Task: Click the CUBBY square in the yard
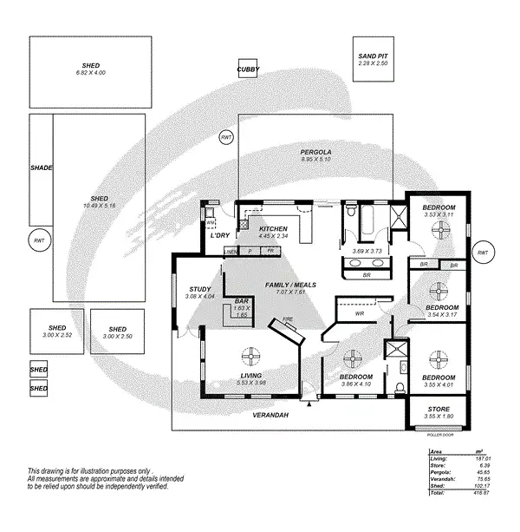pyautogui.click(x=249, y=69)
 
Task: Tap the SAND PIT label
pyautogui.click(x=373, y=56)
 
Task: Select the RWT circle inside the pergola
pyautogui.click(x=227, y=137)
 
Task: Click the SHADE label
pyautogui.click(x=41, y=167)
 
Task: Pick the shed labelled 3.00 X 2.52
pyautogui.click(x=55, y=332)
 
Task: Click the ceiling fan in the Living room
pyautogui.click(x=251, y=358)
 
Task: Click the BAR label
pyautogui.click(x=242, y=301)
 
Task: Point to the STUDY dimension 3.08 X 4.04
pyautogui.click(x=199, y=297)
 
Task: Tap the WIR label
pyautogui.click(x=360, y=314)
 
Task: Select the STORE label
pyautogui.click(x=439, y=409)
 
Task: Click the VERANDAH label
pyautogui.click(x=271, y=415)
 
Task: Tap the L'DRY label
pyautogui.click(x=219, y=235)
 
